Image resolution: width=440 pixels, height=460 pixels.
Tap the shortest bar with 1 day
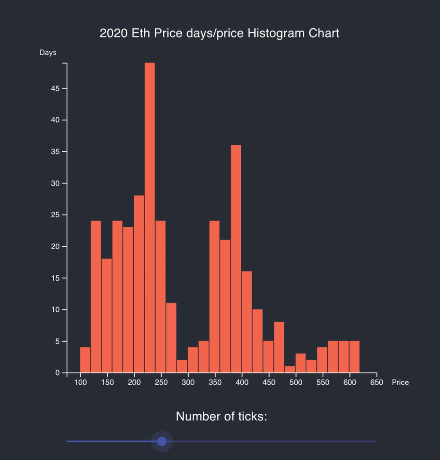tap(290, 369)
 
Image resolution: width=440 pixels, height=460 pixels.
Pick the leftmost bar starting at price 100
tap(85, 360)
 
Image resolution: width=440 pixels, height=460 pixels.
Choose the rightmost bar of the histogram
tap(354, 357)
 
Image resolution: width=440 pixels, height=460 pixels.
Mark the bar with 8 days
tap(279, 347)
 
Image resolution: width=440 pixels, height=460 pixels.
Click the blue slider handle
tap(162, 441)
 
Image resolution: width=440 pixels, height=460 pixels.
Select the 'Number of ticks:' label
tap(221, 416)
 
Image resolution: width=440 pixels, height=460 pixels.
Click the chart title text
tap(220, 33)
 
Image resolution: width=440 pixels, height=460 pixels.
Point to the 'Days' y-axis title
tap(48, 53)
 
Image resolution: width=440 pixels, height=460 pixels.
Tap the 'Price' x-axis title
tap(400, 383)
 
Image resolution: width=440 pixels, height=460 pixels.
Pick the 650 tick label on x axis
tap(377, 383)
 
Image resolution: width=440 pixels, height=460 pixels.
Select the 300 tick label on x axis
tap(188, 383)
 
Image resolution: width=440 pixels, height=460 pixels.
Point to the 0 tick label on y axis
tap(58, 373)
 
